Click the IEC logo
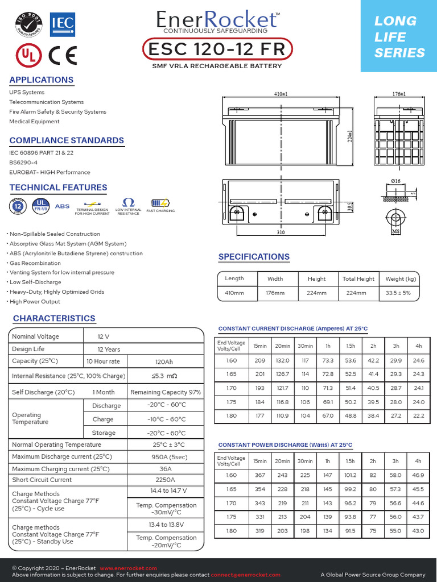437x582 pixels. [x=61, y=24]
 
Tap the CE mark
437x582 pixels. [x=63, y=55]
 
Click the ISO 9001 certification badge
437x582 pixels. [x=28, y=24]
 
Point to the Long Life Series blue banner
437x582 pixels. [x=399, y=37]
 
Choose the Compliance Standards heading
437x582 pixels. [x=67, y=140]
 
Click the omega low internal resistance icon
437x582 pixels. [x=128, y=203]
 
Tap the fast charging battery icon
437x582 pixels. [x=160, y=203]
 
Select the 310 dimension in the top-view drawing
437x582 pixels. [x=281, y=232]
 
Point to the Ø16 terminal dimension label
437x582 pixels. [x=396, y=181]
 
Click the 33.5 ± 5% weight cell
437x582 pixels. [x=401, y=293]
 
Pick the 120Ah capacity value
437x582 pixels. [x=164, y=361]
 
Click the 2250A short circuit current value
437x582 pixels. [x=164, y=480]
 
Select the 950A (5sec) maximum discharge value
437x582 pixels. [x=164, y=457]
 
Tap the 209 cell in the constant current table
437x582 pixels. [x=260, y=360]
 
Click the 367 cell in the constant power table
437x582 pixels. [x=260, y=475]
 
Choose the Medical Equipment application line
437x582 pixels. [x=34, y=122]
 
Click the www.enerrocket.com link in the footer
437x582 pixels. [x=128, y=568]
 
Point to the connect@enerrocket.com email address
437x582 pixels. [x=245, y=575]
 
